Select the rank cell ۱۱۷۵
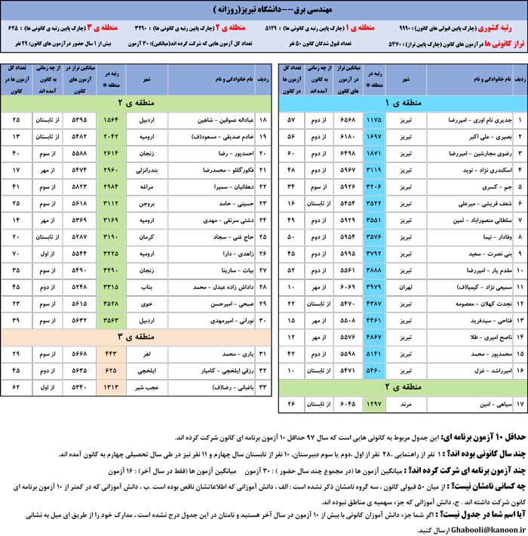tap(374, 120)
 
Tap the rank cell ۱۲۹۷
tap(374, 407)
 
